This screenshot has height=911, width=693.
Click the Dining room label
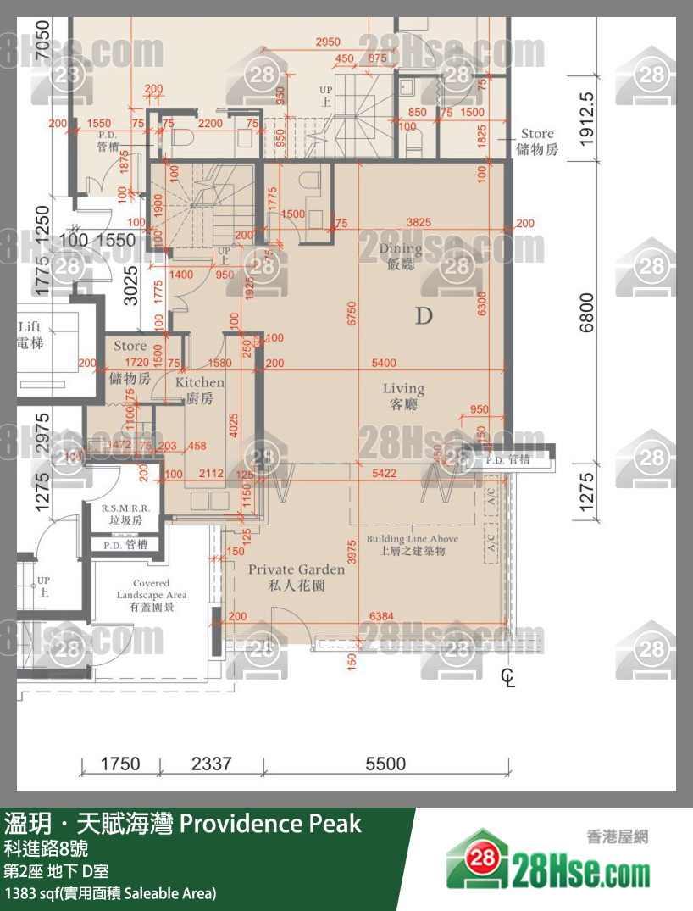click(x=401, y=256)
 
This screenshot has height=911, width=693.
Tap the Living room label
click(x=403, y=396)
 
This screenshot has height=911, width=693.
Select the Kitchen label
click(x=199, y=390)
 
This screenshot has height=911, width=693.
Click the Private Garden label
click(x=296, y=576)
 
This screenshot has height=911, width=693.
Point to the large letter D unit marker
click(x=424, y=317)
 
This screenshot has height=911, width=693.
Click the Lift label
click(x=30, y=335)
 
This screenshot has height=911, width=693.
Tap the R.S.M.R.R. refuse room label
click(x=125, y=514)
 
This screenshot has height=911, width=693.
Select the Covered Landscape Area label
click(x=151, y=595)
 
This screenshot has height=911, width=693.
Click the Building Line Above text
click(x=412, y=545)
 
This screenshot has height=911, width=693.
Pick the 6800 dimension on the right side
click(x=587, y=313)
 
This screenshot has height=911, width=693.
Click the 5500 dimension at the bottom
click(x=385, y=764)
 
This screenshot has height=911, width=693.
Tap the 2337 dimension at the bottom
click(x=211, y=764)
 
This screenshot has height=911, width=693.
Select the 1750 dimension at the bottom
click(x=120, y=764)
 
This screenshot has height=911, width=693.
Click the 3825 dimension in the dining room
click(x=419, y=223)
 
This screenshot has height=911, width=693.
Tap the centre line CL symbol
click(x=507, y=677)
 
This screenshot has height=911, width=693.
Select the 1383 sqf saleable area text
click(x=110, y=892)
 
